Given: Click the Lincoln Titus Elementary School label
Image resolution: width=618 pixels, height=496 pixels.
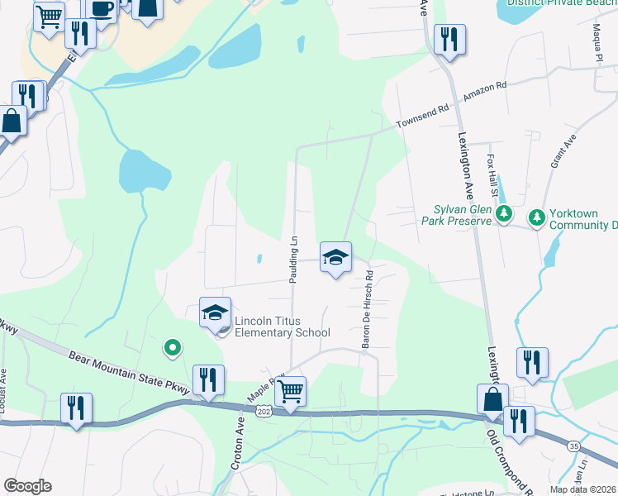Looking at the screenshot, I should [x=282, y=327].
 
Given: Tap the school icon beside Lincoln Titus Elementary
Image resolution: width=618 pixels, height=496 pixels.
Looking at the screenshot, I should [x=215, y=312].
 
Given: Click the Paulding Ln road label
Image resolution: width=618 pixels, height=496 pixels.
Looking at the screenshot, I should [x=293, y=260].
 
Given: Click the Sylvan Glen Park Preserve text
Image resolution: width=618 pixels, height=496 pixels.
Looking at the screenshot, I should [x=463, y=215].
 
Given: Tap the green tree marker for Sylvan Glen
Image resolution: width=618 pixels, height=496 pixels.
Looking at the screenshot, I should [x=503, y=215].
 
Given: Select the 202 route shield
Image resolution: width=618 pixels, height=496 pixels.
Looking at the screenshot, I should [x=264, y=411].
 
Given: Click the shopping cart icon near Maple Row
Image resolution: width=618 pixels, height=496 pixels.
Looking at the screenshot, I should [x=290, y=391].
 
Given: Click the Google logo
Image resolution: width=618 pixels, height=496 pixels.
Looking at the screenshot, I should [x=27, y=486].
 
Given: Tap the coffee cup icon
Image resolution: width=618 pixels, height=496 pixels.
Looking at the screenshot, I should [x=101, y=9].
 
